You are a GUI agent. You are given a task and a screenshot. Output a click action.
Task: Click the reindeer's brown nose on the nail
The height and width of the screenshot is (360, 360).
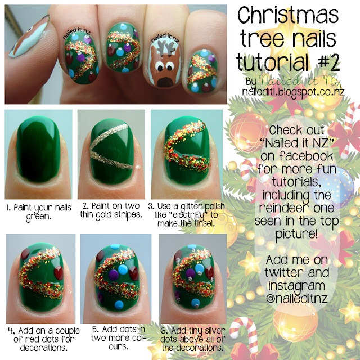pos(166,82)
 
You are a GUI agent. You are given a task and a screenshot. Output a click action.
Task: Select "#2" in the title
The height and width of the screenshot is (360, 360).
pos(328,62)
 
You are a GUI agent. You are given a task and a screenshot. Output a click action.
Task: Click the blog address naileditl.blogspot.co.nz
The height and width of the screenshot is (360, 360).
pos(293,92)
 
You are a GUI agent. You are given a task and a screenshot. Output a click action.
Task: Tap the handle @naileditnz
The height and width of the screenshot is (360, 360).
pos(297,299)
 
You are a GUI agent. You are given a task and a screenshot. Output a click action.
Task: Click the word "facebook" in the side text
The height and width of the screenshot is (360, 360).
pos(306,156)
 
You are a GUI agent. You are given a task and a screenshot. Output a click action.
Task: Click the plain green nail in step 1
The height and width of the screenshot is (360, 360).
pos(38,149)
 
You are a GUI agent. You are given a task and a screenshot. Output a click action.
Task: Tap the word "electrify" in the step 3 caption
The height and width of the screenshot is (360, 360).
pos(188,215)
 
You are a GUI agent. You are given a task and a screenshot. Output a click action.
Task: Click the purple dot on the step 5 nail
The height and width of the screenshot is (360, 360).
pos(113,275)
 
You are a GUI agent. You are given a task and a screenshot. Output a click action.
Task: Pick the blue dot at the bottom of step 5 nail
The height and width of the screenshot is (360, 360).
pos(119,305)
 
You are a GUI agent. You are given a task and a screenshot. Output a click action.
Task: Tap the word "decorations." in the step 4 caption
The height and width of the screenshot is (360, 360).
pos(44,348)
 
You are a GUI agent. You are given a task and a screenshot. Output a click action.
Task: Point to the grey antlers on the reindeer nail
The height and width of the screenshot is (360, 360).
pos(166,48)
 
